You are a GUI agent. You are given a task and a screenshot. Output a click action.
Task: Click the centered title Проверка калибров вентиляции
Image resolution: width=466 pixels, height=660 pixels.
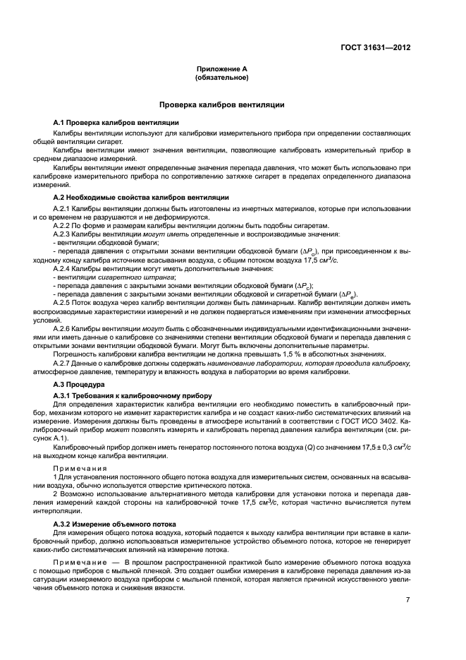[221, 104]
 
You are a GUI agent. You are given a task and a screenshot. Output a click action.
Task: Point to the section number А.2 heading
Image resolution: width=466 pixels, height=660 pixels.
[59, 196]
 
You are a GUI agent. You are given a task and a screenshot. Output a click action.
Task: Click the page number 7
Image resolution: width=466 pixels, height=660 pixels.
[407, 599]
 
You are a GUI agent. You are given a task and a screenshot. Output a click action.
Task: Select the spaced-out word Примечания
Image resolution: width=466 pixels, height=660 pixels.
[80, 468]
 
